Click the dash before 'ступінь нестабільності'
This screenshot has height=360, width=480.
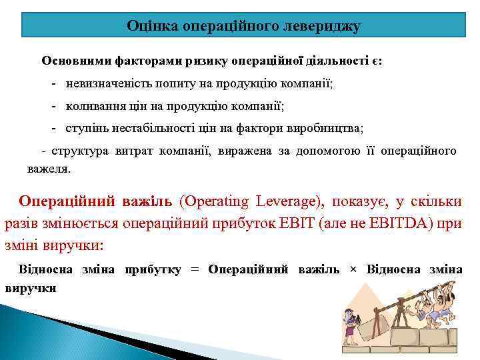(53, 128)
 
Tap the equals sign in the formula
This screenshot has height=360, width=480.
(195, 269)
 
